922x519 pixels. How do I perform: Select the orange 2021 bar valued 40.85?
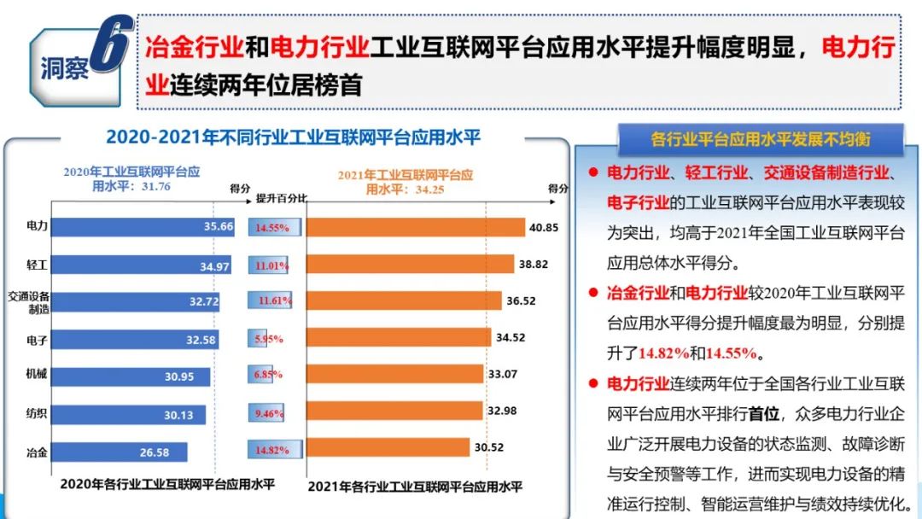(x=415, y=227)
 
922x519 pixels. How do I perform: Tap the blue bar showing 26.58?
(x=120, y=452)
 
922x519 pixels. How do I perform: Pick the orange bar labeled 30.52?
(x=388, y=447)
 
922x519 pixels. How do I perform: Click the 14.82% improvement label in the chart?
(x=272, y=450)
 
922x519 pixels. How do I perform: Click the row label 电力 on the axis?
(x=37, y=226)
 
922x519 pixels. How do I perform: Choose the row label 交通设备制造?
(x=29, y=301)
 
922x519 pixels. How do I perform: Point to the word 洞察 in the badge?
(x=64, y=69)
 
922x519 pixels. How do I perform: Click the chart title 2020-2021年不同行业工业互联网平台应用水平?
(x=300, y=137)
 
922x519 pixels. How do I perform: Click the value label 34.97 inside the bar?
(x=215, y=266)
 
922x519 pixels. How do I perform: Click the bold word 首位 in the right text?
(x=764, y=414)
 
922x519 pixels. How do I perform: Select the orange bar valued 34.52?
(x=399, y=337)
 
